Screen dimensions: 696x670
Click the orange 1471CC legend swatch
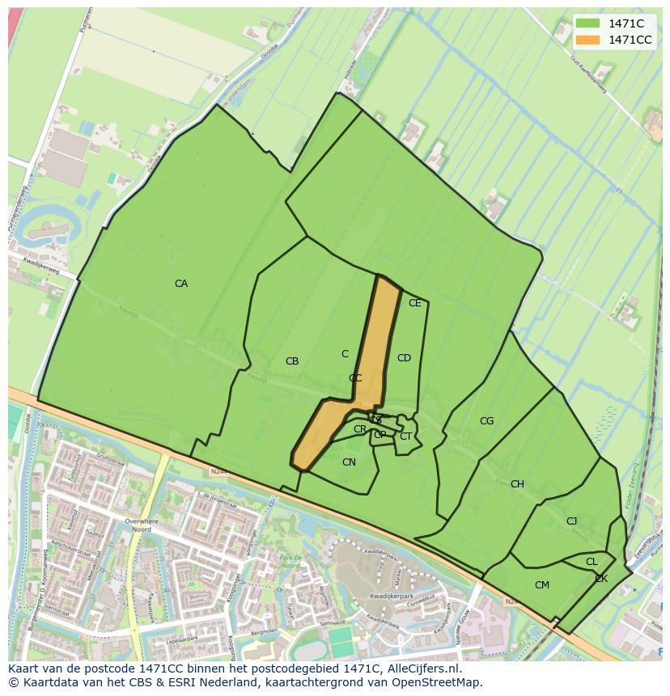click(x=587, y=40)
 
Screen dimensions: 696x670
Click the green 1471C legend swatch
click(x=587, y=23)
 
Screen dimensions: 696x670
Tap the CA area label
click(x=181, y=284)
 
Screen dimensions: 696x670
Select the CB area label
click(x=292, y=361)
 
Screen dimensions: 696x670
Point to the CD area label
click(x=404, y=358)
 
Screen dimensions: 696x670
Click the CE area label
click(x=414, y=303)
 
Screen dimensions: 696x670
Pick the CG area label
click(x=486, y=421)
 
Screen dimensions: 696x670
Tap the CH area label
click(x=517, y=484)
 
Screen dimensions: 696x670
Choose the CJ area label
click(x=571, y=521)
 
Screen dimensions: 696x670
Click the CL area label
click(x=592, y=562)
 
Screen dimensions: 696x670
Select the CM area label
click(x=542, y=585)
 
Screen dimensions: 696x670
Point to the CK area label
click(x=601, y=579)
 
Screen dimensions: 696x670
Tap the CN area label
click(x=349, y=462)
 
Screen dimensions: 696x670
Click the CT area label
click(x=405, y=437)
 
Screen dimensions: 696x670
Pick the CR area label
click(x=360, y=429)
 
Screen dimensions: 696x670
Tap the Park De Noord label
click(x=290, y=562)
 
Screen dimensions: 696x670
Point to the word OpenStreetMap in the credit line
click(x=438, y=682)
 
